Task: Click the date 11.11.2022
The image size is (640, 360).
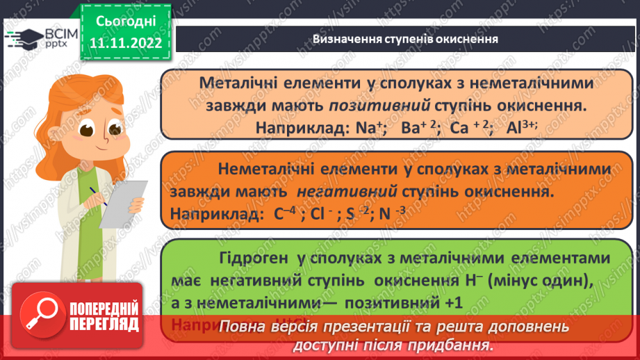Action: pos(125,43)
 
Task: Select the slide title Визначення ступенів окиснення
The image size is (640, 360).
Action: pos(405,39)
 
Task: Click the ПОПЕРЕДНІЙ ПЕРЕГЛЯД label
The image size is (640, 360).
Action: pos(101,316)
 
